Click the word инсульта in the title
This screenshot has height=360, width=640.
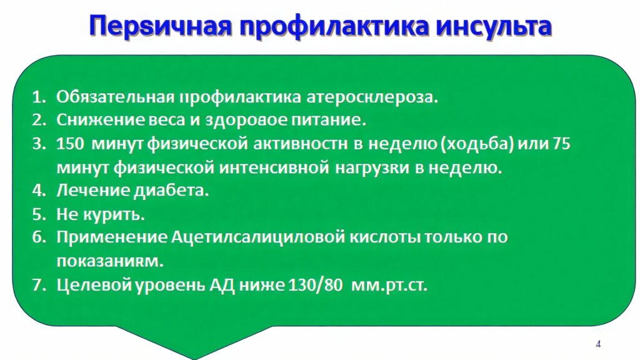point(494,26)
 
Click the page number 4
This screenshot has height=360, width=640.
point(598,344)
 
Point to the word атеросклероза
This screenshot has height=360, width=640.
point(372,97)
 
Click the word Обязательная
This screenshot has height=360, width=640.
point(116,96)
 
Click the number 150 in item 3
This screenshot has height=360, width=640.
point(70,144)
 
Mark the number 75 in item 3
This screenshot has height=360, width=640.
point(561,144)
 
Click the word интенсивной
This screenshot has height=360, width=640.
point(274,167)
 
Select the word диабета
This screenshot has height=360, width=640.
point(171,191)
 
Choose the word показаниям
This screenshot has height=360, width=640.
point(110,261)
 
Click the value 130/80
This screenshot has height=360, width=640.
point(315,285)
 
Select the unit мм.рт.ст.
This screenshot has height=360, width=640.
point(389,285)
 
